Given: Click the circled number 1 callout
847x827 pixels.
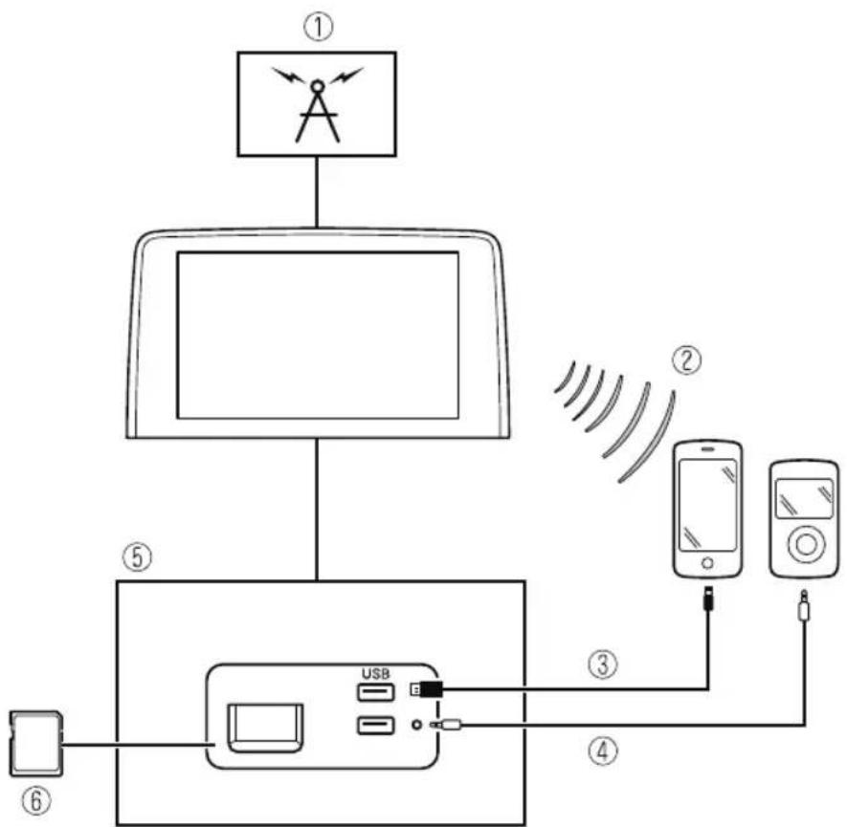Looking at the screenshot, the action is (x=318, y=28).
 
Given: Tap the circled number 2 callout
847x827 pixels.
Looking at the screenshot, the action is (x=686, y=360).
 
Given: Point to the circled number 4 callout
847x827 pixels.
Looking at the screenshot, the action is (x=602, y=751).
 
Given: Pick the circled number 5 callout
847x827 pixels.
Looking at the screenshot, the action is (x=137, y=557).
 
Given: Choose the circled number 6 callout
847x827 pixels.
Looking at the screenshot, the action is (x=36, y=800).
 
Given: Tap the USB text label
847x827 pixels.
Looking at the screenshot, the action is (x=376, y=673).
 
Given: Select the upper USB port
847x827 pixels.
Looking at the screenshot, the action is (x=376, y=691).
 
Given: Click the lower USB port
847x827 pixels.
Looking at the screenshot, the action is (x=376, y=725).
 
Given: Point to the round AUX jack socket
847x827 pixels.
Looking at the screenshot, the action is (x=416, y=725).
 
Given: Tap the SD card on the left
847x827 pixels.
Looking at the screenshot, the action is (x=36, y=744).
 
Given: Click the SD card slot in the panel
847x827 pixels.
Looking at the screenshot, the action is (x=265, y=728).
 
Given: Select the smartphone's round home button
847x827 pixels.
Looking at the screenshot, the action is (x=707, y=563).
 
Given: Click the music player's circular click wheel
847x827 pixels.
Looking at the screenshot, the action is (x=807, y=545).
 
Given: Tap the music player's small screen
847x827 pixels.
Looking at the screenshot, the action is (x=804, y=498).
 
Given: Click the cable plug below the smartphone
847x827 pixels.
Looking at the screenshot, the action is (x=709, y=598).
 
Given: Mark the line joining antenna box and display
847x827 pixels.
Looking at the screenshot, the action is (x=317, y=192).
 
